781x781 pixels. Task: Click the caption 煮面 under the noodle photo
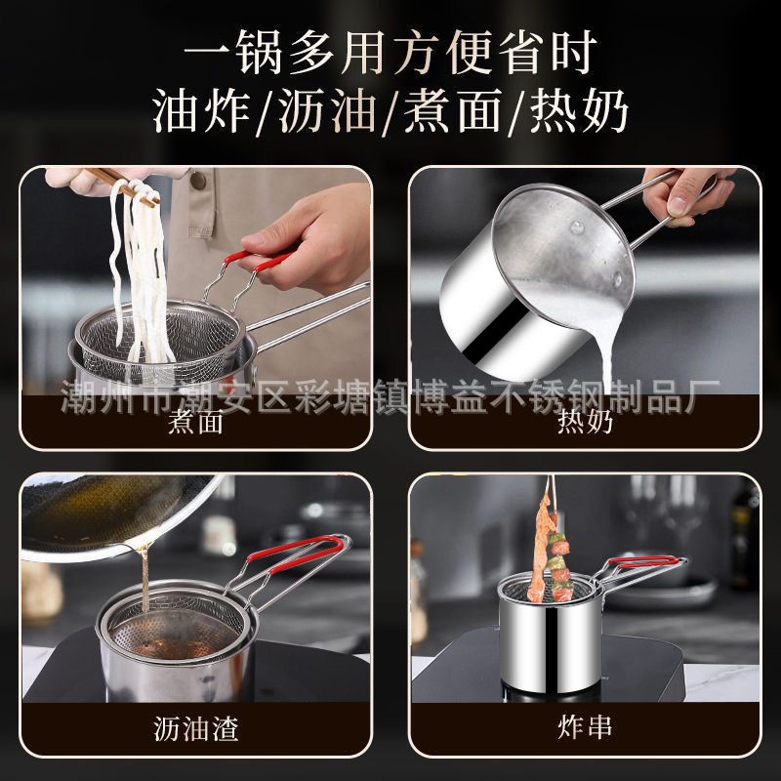point(196,423)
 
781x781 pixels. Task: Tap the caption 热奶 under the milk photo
point(584,423)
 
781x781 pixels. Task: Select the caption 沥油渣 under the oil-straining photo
point(196,727)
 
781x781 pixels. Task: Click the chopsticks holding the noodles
point(122,185)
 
